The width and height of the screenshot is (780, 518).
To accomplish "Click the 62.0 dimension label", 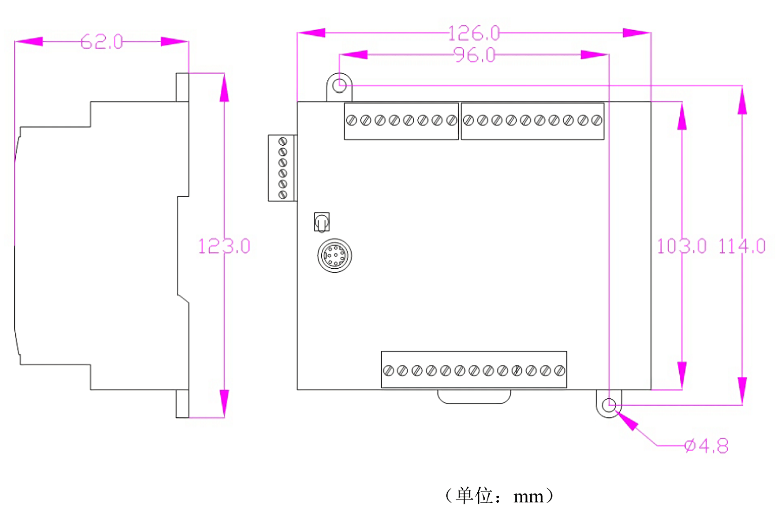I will point(102,42).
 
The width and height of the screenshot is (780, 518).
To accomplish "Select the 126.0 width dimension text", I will point(474,33).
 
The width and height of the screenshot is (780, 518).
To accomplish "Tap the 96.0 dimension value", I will point(474,55).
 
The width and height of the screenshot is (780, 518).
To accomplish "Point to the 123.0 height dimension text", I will point(224,246).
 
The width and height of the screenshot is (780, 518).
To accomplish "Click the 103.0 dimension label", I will point(682,246).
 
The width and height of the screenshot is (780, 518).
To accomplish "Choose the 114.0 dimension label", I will point(742,246).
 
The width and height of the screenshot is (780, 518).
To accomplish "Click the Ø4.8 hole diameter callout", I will point(707,447).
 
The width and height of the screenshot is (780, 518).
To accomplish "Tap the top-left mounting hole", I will point(340,85).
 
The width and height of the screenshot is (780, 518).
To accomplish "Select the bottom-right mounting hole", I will point(609,405).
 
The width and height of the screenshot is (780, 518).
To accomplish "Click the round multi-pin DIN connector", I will point(335,255).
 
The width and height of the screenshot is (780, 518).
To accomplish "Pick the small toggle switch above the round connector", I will point(322,222).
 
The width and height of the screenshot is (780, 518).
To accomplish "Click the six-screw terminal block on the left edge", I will point(282,168).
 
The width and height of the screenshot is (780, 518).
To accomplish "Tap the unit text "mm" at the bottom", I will point(528,497).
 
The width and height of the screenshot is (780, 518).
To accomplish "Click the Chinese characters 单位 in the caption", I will point(474,496).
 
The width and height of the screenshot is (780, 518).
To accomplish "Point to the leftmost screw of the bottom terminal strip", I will point(389,370).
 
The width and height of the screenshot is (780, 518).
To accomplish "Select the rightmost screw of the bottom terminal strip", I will point(559,370).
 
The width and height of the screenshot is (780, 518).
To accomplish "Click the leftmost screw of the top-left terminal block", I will point(351,121).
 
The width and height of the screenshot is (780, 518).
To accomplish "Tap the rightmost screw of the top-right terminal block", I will point(597,121).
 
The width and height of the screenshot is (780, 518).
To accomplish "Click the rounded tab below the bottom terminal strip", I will point(474,396).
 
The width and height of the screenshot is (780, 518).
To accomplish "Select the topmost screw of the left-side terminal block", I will point(283,141).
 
